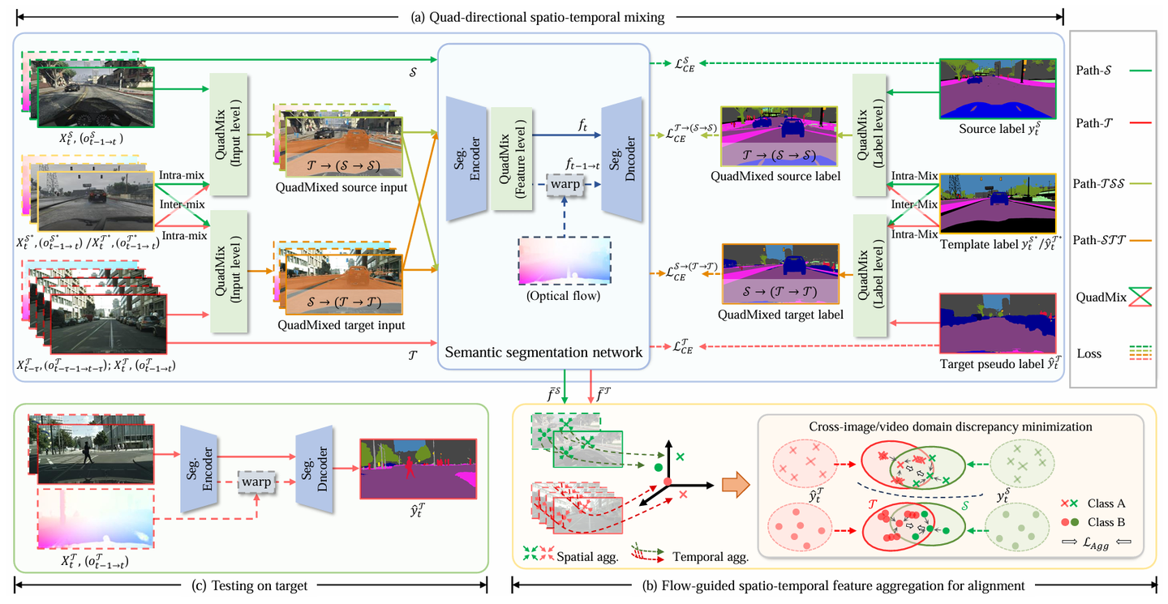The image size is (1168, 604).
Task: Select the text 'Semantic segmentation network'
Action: [543, 353]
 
